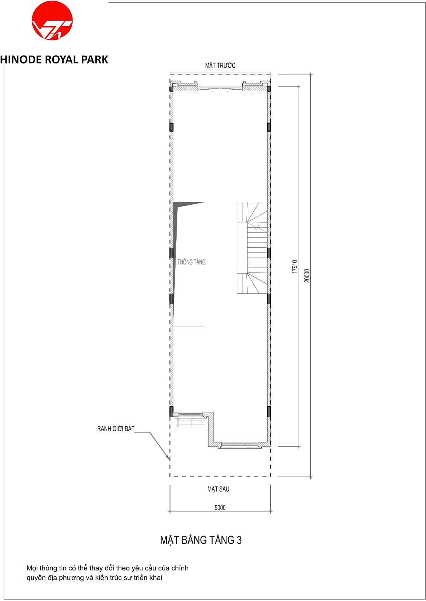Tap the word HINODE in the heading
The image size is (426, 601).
21,60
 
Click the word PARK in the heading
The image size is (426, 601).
95,60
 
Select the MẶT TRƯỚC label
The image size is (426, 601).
220,65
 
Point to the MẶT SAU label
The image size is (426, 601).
218,489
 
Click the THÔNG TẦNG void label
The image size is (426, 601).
192,262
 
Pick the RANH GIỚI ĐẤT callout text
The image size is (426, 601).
116,429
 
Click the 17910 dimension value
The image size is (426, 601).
295,267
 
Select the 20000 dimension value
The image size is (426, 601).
307,276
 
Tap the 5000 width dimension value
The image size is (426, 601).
220,508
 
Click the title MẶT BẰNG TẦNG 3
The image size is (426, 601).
201,540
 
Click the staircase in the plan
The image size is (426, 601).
252,248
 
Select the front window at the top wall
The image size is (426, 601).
220,88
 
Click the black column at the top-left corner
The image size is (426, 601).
171,88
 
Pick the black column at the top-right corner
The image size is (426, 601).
269,88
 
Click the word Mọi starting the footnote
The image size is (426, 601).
32,569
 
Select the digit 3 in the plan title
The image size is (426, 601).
239,540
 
